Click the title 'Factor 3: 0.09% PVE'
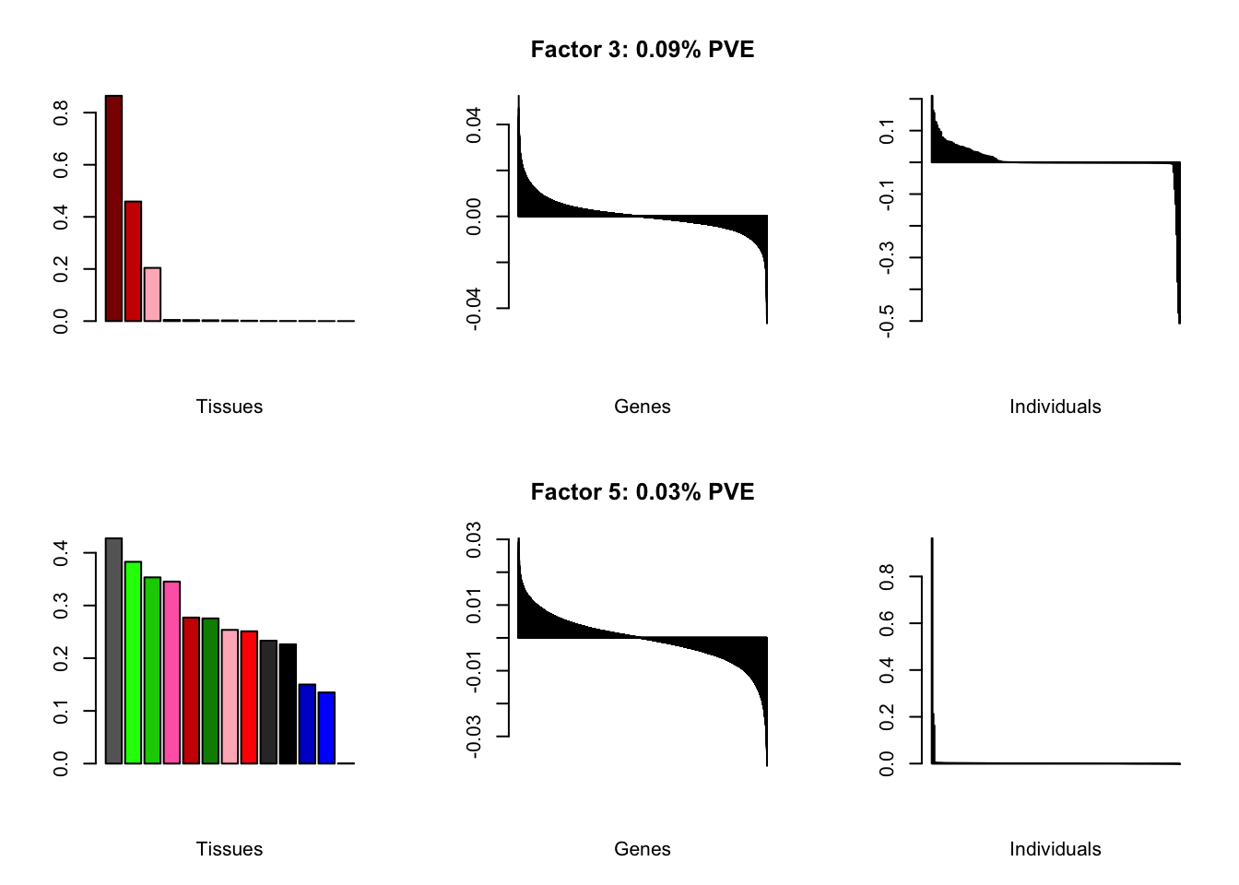pyautogui.click(x=642, y=50)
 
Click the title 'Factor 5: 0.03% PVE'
pyautogui.click(x=642, y=492)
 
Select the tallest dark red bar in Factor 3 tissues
pyautogui.click(x=113, y=208)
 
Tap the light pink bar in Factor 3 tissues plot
pyautogui.click(x=152, y=294)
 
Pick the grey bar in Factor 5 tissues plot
pyautogui.click(x=113, y=651)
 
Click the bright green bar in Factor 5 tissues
pyautogui.click(x=133, y=662)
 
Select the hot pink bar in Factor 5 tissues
pyautogui.click(x=171, y=672)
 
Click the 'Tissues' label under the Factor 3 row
pyautogui.click(x=229, y=407)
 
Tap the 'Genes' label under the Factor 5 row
pyautogui.click(x=642, y=849)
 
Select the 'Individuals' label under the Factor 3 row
pyautogui.click(x=1055, y=407)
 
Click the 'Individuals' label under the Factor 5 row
pyautogui.click(x=1055, y=849)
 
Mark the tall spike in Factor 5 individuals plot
pyautogui.click(x=932, y=645)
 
